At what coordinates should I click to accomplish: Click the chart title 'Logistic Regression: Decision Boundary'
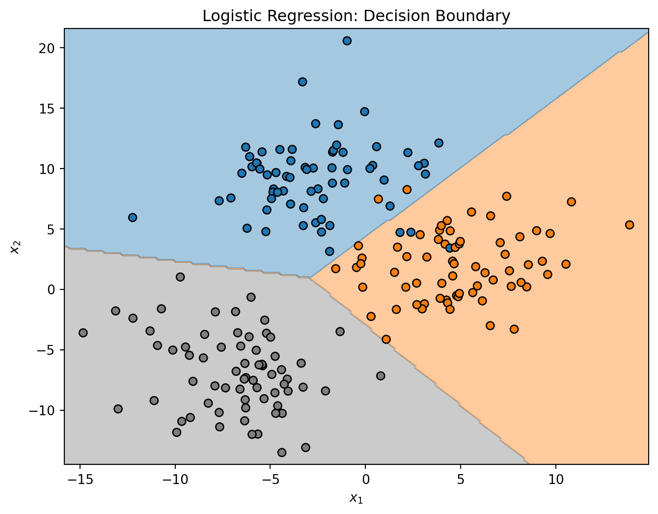356,16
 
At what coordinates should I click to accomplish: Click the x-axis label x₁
356,498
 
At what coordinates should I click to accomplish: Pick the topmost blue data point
347,41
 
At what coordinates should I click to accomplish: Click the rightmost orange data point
630,225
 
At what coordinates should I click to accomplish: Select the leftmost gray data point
83,333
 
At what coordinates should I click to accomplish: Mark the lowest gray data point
282,453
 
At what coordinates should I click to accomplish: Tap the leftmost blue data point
133,218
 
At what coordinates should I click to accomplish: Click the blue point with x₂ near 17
302,82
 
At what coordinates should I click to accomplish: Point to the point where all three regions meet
310,278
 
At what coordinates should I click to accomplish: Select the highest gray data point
180,277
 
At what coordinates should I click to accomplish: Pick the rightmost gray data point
381,376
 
